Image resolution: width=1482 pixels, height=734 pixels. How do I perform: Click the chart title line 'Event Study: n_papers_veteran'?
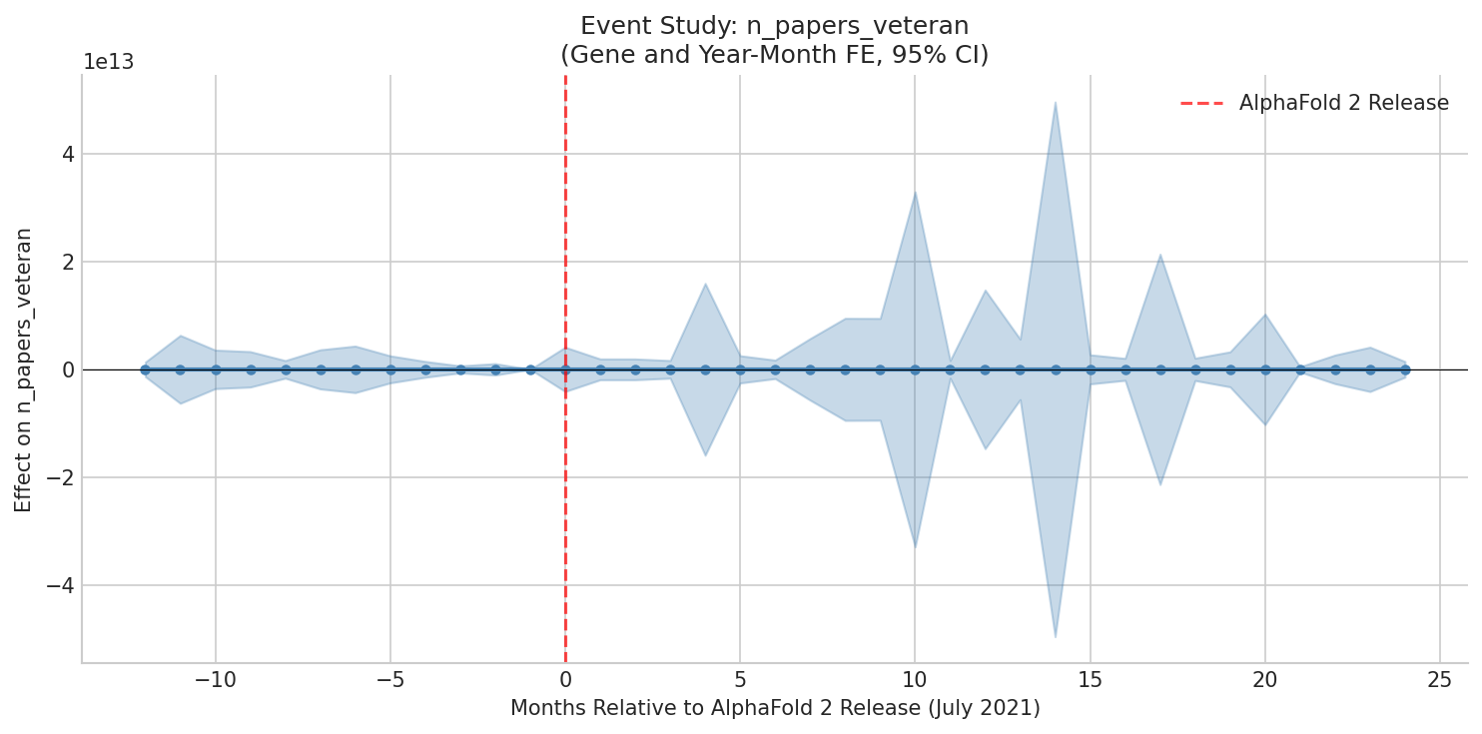(774, 26)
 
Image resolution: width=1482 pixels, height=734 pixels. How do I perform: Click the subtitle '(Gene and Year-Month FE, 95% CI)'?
(774, 55)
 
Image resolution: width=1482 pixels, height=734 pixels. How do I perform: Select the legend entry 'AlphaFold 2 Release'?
(1343, 103)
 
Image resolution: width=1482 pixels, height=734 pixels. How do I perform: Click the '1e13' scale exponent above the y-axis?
(108, 62)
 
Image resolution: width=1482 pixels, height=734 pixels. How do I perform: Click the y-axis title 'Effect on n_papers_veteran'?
(24, 369)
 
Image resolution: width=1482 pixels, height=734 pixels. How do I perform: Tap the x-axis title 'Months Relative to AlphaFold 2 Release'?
(775, 709)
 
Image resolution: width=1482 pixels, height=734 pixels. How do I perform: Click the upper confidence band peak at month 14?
(1055, 103)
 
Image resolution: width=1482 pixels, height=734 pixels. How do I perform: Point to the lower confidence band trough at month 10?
(915, 546)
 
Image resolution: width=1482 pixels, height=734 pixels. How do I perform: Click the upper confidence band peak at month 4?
(705, 285)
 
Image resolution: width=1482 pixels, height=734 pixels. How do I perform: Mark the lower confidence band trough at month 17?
(1159, 483)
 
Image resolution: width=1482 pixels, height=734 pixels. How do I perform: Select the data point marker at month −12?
(145, 369)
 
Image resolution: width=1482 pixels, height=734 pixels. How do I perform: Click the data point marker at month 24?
(1404, 369)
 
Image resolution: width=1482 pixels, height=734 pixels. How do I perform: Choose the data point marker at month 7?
(810, 369)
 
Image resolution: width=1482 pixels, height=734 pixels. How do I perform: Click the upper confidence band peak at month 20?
(1264, 316)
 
